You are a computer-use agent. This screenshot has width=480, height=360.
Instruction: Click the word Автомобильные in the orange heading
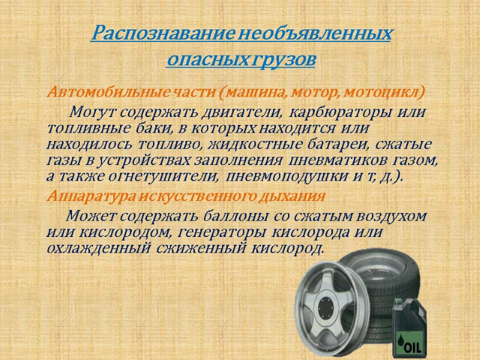point(101,94)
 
